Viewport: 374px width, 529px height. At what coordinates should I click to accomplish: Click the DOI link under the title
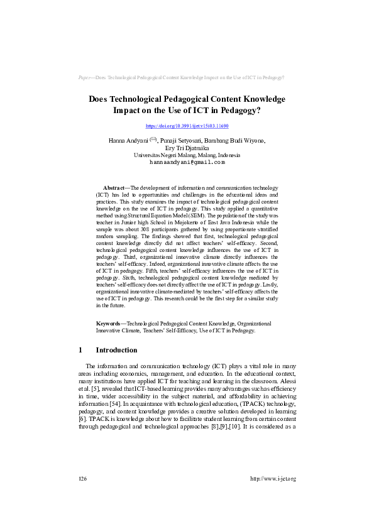[x=187, y=126]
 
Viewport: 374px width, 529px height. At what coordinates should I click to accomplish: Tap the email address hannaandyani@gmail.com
[x=187, y=162]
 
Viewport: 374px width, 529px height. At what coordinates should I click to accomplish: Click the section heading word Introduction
[x=116, y=350]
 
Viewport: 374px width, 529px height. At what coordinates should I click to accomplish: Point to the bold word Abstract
[x=114, y=188]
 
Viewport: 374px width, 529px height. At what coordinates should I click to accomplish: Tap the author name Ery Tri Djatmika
[x=187, y=148]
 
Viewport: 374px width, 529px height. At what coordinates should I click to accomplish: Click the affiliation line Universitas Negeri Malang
[x=187, y=155]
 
